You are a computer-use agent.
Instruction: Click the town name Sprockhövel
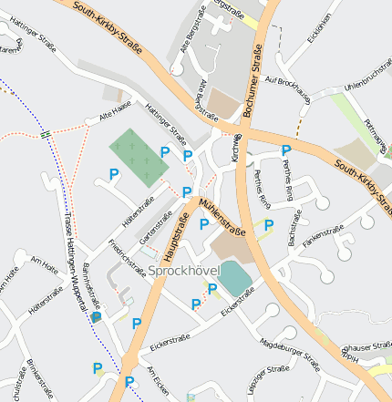click(x=181, y=272)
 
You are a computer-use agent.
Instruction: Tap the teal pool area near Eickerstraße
click(x=237, y=277)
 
